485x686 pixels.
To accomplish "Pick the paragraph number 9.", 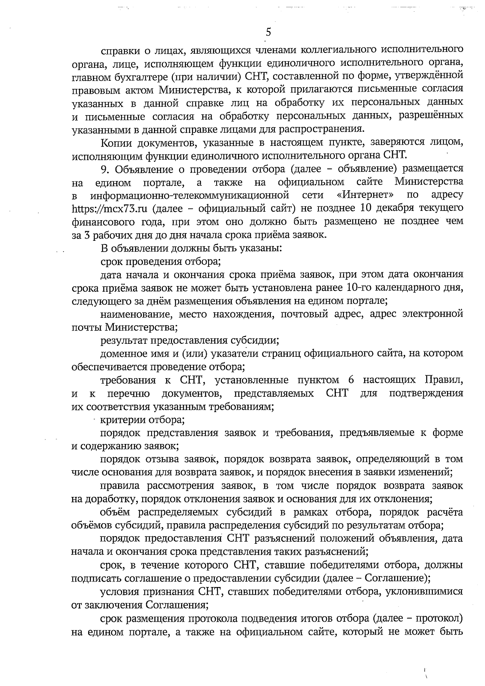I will tap(104, 169).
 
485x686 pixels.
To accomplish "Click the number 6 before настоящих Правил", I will tap(350, 380).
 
